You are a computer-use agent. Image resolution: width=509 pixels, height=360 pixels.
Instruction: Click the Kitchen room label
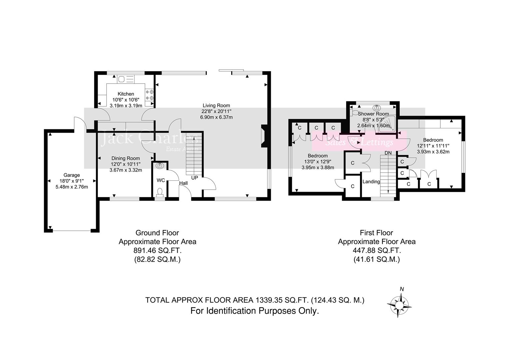[x=126, y=94]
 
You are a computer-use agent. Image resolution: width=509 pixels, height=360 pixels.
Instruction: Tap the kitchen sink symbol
[x=126, y=79]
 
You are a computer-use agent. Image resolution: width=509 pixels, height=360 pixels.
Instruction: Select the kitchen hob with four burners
[x=149, y=95]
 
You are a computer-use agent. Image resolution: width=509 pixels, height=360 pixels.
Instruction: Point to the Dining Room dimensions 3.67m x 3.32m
[x=126, y=170]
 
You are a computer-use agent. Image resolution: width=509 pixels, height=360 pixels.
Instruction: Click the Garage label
[x=72, y=175]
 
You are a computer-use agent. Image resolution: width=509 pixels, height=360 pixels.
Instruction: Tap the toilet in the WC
[x=160, y=192]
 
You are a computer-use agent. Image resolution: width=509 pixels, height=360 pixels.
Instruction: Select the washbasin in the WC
[x=160, y=165]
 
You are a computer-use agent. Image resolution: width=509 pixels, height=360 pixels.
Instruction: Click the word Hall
[x=183, y=183]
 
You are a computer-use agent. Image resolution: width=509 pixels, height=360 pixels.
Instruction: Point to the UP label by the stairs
[x=195, y=178]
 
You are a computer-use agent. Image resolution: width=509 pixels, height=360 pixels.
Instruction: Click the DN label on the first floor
[x=388, y=153]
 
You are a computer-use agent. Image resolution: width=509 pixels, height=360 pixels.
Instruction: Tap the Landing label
[x=371, y=182]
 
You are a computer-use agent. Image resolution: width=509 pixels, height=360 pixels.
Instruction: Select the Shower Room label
[x=373, y=114]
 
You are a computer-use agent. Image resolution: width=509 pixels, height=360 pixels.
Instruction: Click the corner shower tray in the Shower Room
[x=388, y=124]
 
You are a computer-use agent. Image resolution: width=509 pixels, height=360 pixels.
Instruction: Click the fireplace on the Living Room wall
[x=263, y=136]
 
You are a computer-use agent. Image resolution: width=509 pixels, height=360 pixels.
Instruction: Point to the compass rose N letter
[x=402, y=289]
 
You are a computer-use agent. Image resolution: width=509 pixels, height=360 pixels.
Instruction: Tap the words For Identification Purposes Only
[x=254, y=311]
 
